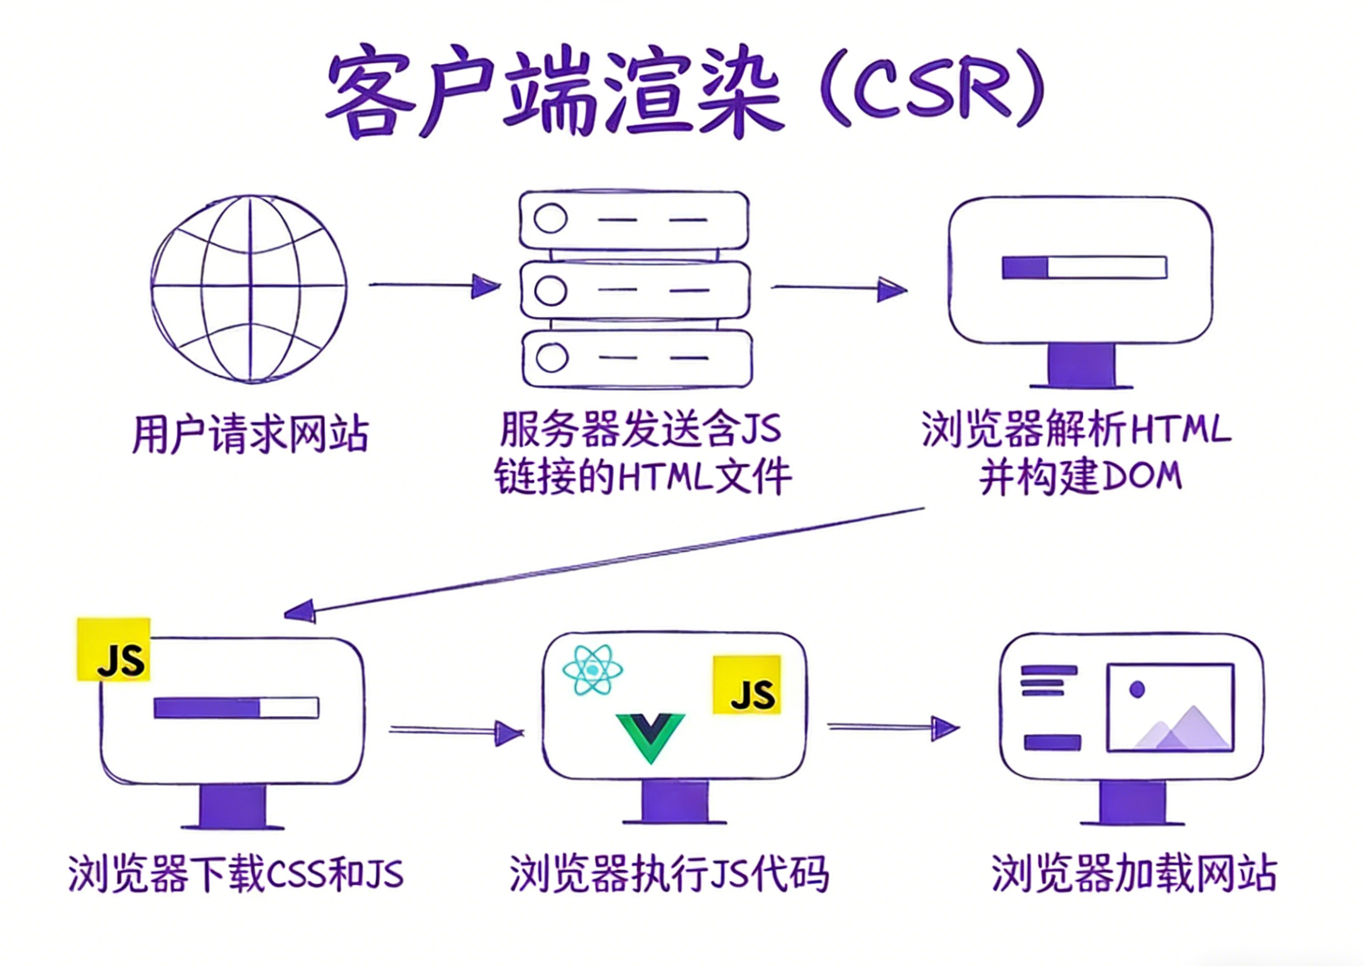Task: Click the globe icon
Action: (249, 288)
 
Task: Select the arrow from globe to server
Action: (434, 286)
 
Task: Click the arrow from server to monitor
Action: (838, 289)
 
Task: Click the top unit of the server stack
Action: (634, 220)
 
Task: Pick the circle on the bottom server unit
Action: (552, 358)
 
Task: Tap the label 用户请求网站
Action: (250, 434)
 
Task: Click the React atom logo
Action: (592, 670)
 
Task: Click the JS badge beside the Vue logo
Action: (747, 685)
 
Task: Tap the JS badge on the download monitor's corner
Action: (114, 649)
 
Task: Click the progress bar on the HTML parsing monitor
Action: (1084, 268)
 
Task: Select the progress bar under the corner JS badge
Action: (236, 708)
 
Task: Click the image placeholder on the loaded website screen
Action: (1170, 708)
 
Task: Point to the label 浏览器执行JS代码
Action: (668, 874)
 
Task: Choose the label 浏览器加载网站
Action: (1133, 874)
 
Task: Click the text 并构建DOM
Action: (1080, 477)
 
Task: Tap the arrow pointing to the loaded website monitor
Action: (893, 728)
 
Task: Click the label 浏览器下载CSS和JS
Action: (236, 874)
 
